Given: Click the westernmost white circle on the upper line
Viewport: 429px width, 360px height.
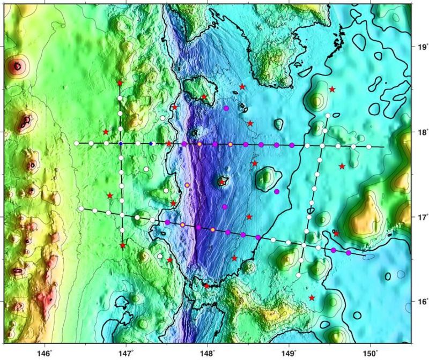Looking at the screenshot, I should [x=77, y=143].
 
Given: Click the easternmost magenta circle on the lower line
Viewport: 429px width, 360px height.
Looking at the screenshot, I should [x=349, y=252].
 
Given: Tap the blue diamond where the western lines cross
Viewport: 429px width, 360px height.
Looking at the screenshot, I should [x=121, y=144].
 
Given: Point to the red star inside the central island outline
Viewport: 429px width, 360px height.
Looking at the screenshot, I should [x=222, y=182].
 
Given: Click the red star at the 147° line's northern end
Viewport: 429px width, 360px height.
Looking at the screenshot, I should [x=120, y=83].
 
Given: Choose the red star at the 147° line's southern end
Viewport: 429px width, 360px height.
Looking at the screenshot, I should [x=123, y=245].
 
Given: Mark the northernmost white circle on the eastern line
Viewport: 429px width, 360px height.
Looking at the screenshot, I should [x=328, y=116].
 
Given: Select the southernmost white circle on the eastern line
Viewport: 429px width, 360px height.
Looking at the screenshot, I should [x=298, y=275].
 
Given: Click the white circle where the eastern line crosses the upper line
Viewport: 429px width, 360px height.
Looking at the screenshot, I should [x=322, y=146].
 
